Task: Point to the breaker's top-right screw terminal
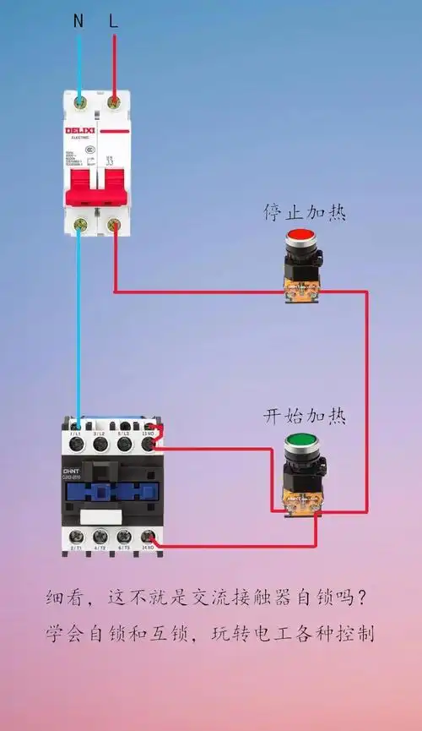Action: pyautogui.click(x=114, y=102)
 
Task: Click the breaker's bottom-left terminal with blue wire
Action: pyautogui.click(x=81, y=224)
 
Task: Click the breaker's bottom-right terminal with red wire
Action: pyautogui.click(x=114, y=224)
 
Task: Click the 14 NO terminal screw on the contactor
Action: pyautogui.click(x=149, y=536)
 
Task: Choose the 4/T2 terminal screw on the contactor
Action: pyautogui.click(x=100, y=536)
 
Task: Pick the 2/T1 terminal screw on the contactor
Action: pyautogui.click(x=76, y=536)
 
